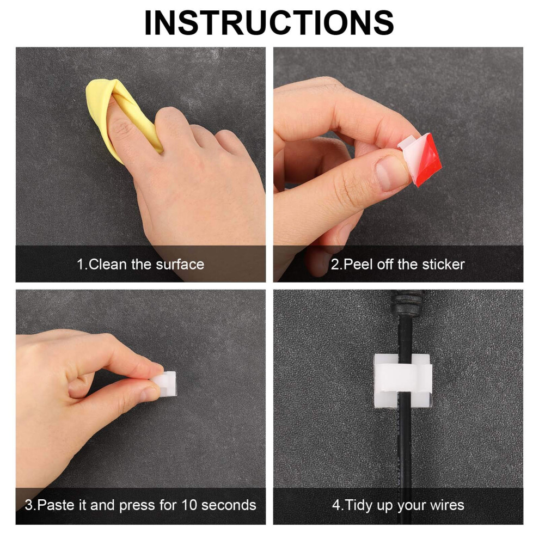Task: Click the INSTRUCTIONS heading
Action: coord(269,23)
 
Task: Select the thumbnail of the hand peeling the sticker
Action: coord(398,164)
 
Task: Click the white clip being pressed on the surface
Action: coord(165,383)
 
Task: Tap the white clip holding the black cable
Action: coord(403,381)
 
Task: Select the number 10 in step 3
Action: coord(189,505)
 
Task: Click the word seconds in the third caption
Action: coord(229,505)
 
